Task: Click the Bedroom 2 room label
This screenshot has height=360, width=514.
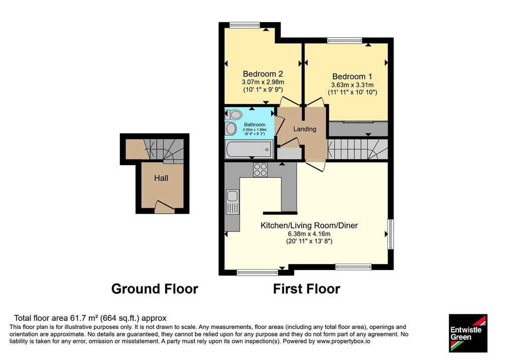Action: [x=263, y=74]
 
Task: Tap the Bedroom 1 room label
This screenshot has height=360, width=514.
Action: [x=352, y=76]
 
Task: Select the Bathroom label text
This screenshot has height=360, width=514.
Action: [x=254, y=125]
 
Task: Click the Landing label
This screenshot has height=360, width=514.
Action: [x=305, y=129]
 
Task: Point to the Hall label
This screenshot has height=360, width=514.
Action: [x=161, y=178]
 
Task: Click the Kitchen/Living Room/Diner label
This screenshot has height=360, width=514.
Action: [x=309, y=225]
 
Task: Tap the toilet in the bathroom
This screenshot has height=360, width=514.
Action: [x=233, y=115]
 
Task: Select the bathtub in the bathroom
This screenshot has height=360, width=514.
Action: [x=249, y=149]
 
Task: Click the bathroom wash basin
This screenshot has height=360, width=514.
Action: [x=231, y=129]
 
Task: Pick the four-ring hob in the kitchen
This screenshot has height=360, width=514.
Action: [x=261, y=170]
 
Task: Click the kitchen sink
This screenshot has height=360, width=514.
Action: [x=232, y=201]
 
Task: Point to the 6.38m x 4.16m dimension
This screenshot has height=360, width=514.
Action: [x=309, y=234]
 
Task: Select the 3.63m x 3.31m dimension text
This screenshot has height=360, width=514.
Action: [x=352, y=85]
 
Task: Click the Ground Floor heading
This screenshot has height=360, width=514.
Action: [x=155, y=289]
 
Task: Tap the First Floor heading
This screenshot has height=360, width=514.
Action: [x=307, y=289]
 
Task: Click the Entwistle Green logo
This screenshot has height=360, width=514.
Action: [x=468, y=333]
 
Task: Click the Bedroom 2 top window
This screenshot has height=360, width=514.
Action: [x=244, y=25]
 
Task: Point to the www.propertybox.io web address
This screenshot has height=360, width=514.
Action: [x=343, y=341]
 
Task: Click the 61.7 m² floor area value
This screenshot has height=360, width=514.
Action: [x=84, y=318]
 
